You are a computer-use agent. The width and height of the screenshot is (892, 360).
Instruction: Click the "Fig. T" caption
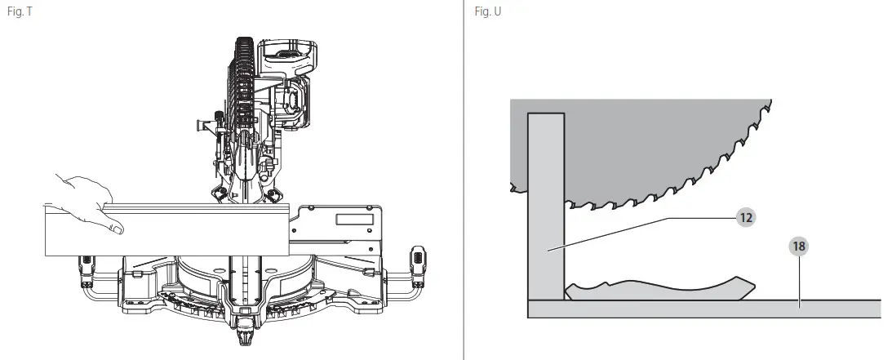point(19,12)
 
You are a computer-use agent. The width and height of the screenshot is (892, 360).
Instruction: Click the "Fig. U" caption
point(486,12)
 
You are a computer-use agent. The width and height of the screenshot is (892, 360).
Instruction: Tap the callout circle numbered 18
point(799,245)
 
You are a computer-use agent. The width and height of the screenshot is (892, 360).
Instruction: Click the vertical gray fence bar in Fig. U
point(546,204)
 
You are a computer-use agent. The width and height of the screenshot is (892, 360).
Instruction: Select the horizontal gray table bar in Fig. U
point(702,309)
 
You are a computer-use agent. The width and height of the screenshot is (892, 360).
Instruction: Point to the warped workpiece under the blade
point(661,290)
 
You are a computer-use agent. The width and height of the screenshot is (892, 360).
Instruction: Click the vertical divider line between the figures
point(464,180)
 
